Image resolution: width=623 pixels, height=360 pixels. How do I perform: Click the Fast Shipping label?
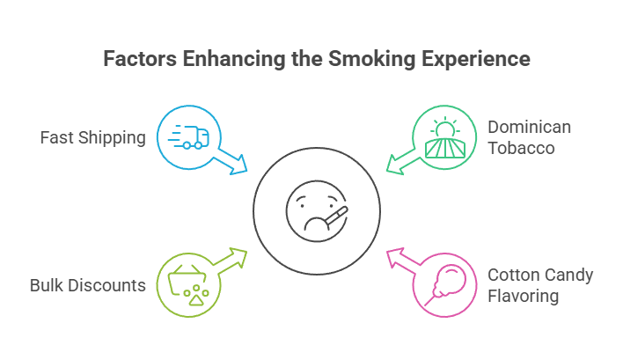[92, 138]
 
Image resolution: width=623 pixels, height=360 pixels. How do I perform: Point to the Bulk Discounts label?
[87, 285]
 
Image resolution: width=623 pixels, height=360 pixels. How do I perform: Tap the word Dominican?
[529, 127]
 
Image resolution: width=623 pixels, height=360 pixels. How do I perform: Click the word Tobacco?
[522, 148]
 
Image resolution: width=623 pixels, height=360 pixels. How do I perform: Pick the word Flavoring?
[524, 297]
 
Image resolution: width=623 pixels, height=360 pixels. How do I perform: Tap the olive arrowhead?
[238, 256]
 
